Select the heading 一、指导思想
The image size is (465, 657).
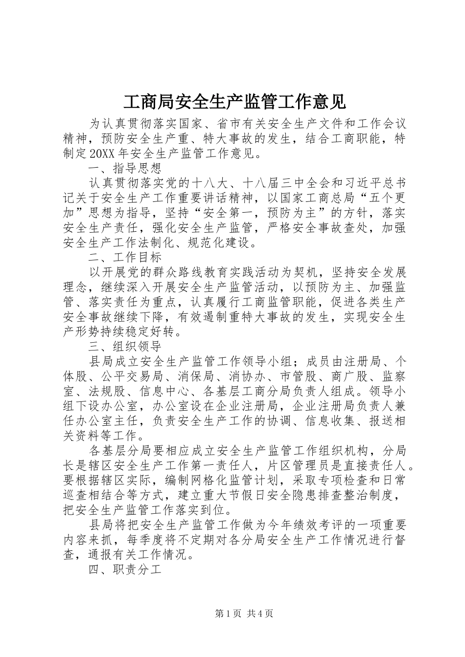point(125,169)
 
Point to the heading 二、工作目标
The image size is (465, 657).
point(125,257)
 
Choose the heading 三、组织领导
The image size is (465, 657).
point(125,347)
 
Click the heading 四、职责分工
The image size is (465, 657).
point(125,570)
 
